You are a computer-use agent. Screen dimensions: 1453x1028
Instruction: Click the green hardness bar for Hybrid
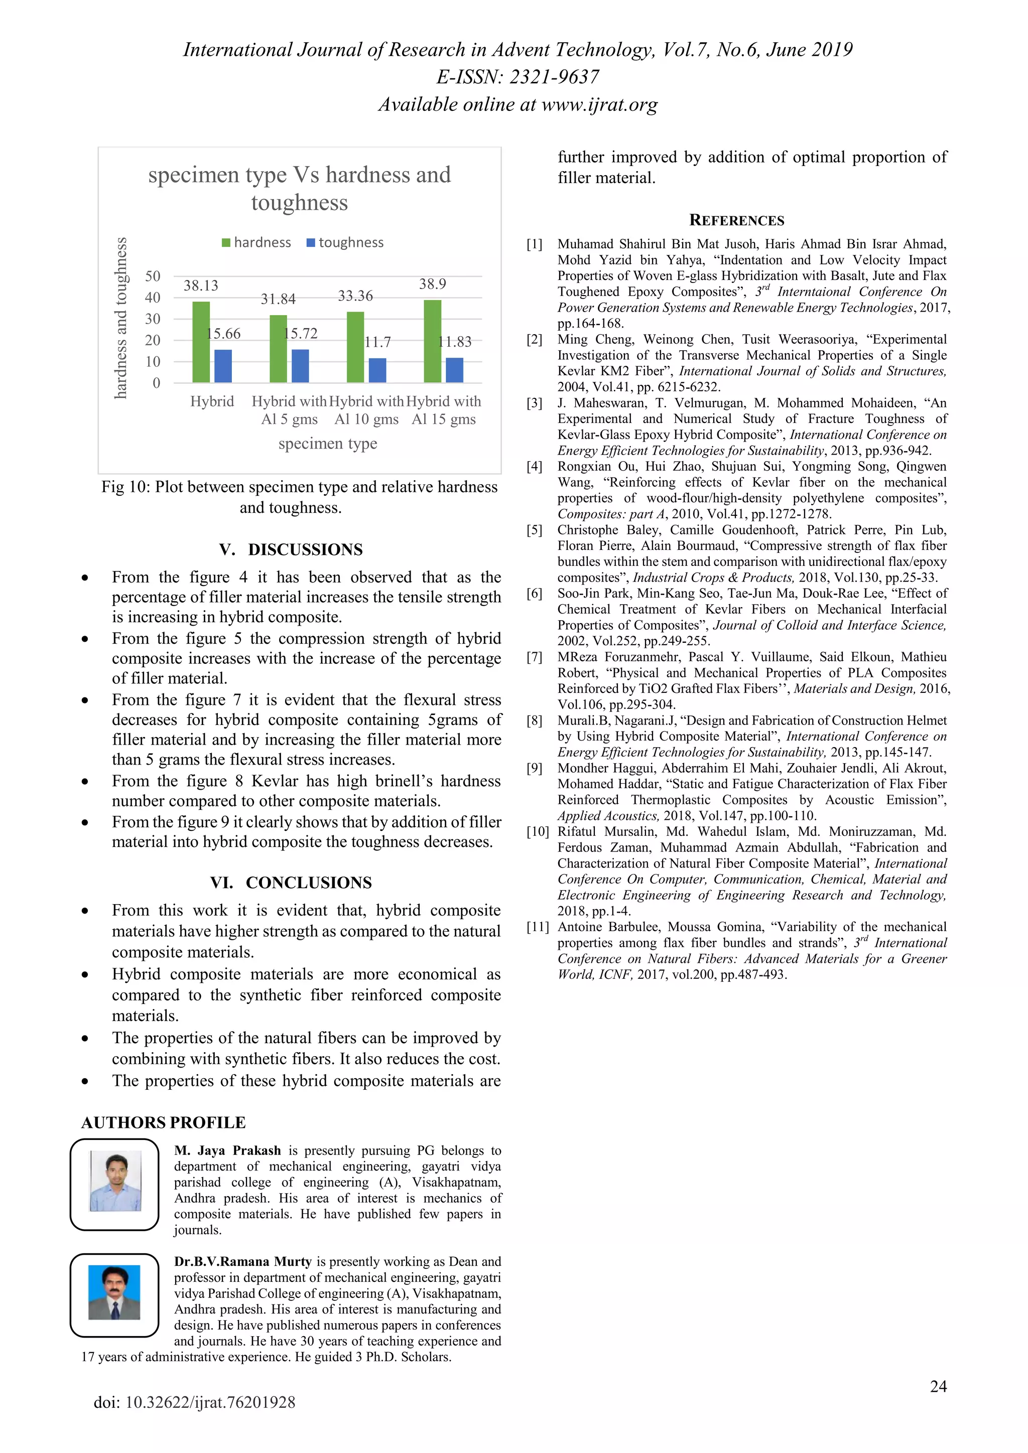coord(201,342)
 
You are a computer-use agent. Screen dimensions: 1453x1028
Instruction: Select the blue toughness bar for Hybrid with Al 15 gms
coord(454,370)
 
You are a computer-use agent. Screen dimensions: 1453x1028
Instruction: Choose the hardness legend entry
coord(256,242)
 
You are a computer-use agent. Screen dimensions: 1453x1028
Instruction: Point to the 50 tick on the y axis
coord(153,276)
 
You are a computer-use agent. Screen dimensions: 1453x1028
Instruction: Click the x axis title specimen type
coord(327,444)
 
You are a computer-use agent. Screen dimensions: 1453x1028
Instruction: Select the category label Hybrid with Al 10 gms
coord(366,410)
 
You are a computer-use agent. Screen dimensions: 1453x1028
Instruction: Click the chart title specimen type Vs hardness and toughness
coord(299,188)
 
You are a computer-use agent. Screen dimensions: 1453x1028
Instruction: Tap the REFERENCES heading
coord(736,220)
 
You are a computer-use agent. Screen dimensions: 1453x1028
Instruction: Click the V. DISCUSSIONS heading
coord(291,549)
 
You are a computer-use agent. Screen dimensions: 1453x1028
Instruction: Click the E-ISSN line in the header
coord(517,77)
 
